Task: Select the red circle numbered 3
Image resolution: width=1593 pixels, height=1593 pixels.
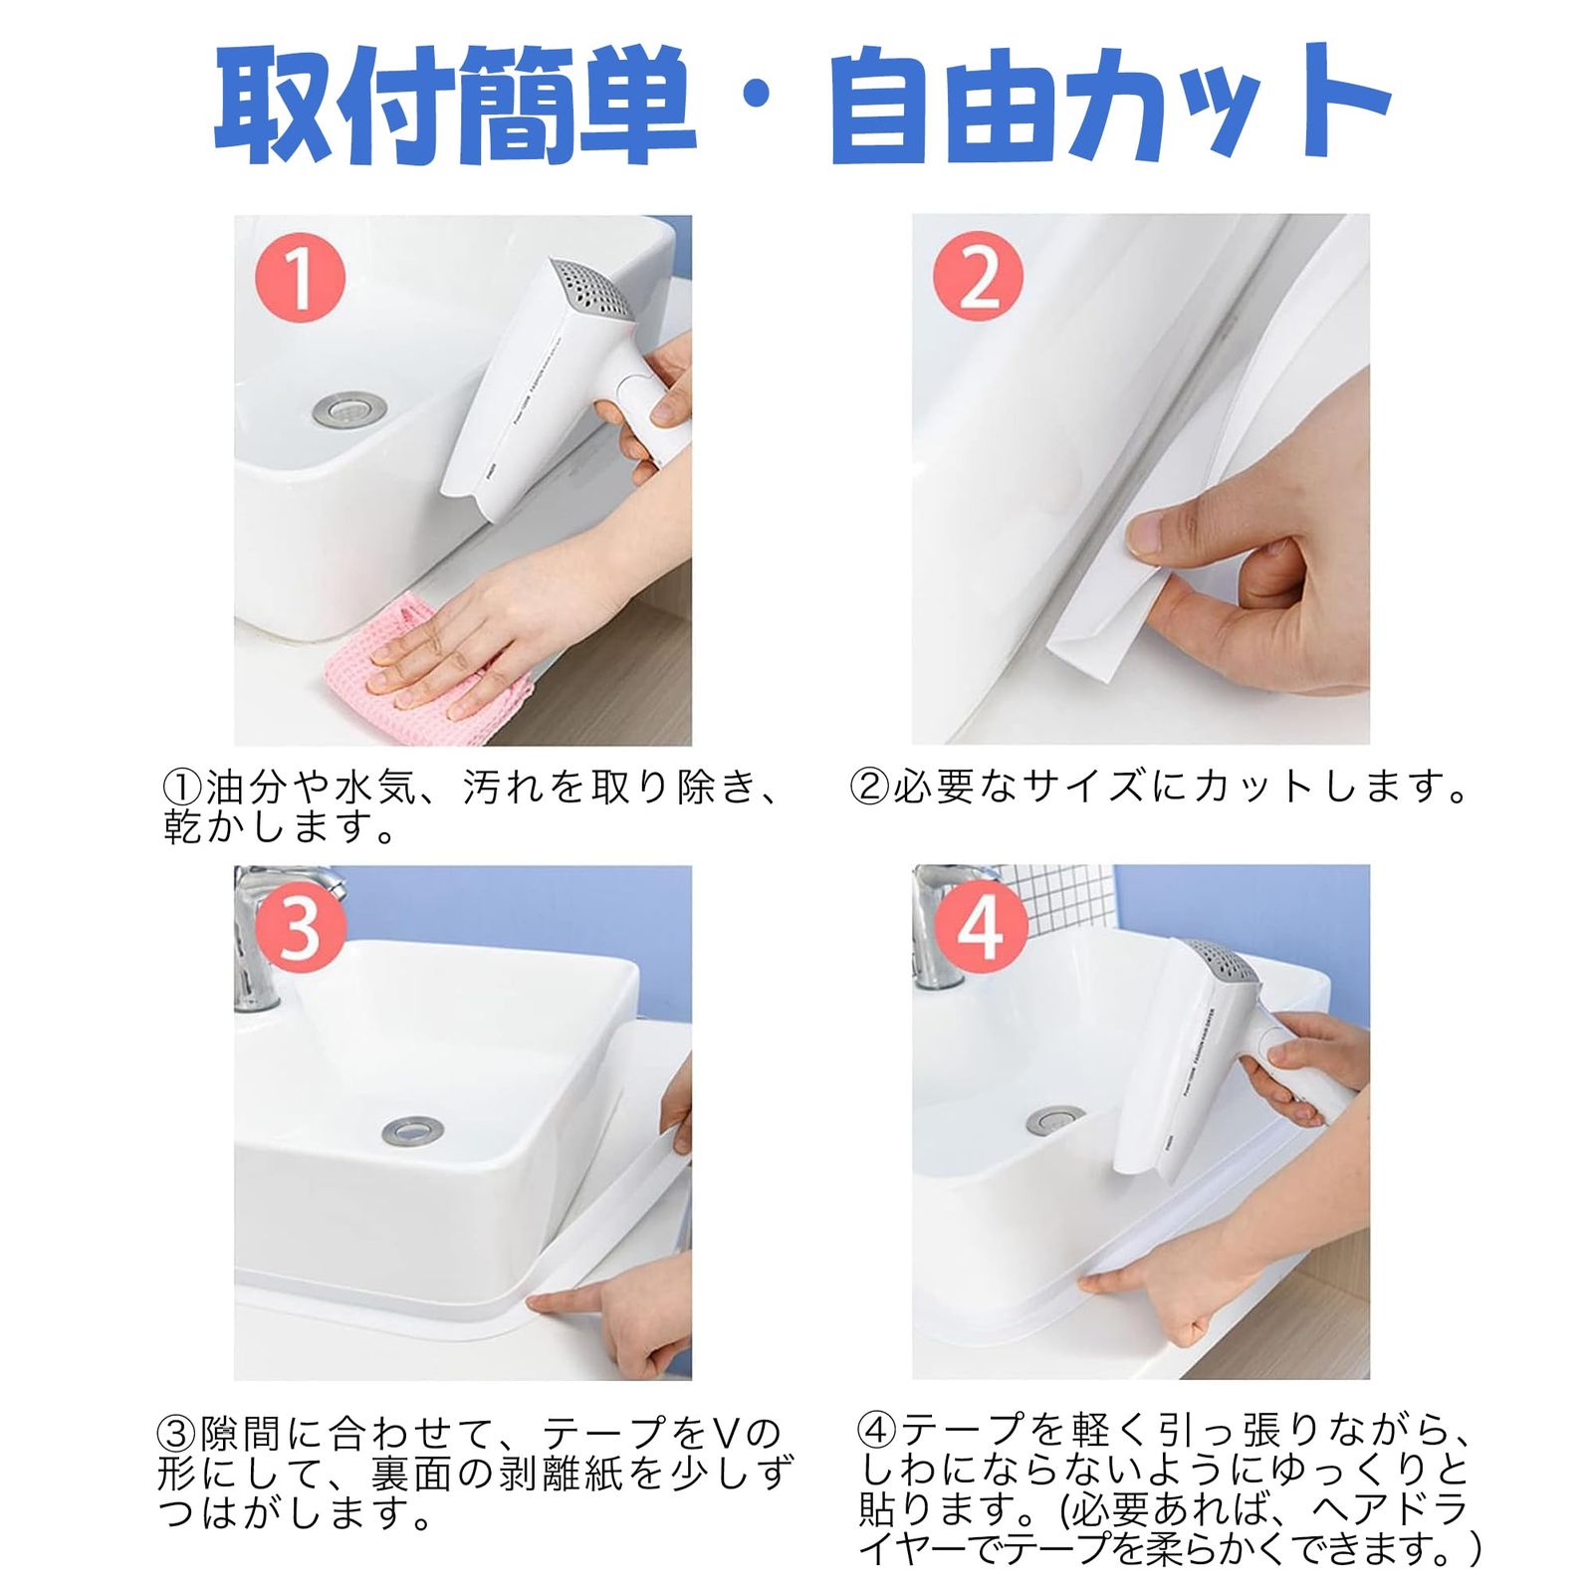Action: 300,928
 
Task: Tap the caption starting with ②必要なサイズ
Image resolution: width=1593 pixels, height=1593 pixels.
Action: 1161,788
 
